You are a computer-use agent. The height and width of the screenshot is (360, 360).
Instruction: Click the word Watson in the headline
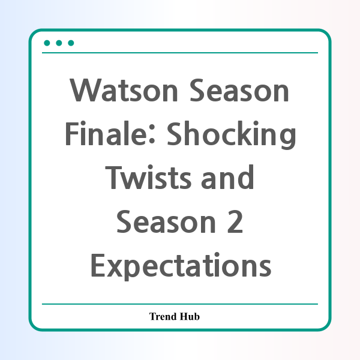[124, 90]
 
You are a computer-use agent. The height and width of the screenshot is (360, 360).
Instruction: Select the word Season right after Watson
[239, 90]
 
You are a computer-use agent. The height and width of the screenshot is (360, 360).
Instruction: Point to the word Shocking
[231, 135]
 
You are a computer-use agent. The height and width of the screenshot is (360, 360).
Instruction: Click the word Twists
[148, 177]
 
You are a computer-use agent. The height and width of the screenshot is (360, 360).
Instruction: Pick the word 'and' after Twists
[227, 177]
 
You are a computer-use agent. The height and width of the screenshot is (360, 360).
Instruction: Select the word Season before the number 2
[166, 221]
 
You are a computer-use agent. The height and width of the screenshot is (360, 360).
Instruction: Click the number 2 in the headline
[235, 221]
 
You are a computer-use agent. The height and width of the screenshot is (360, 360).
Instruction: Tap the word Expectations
[181, 266]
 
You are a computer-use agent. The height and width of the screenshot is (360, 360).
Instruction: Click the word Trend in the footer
[163, 316]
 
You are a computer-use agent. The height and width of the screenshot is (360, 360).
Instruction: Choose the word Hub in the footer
[190, 316]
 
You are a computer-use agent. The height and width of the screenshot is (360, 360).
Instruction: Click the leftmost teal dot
[47, 43]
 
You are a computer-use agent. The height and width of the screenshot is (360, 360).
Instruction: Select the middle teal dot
[59, 43]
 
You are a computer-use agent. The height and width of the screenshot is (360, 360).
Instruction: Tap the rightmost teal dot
[71, 43]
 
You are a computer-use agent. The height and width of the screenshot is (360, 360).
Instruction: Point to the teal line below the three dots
[180, 53]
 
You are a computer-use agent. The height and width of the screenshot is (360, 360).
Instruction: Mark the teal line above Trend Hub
[180, 304]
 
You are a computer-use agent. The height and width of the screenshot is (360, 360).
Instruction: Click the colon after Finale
[152, 137]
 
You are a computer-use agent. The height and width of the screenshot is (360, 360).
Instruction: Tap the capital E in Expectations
[98, 265]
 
